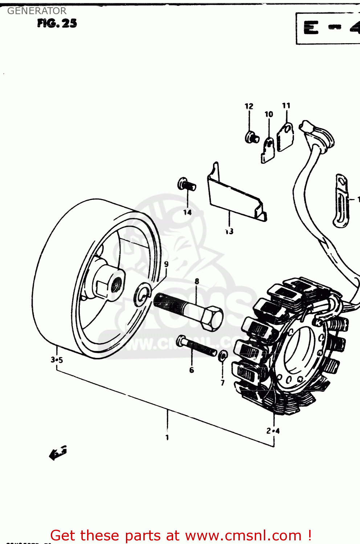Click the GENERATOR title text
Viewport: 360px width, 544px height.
pyautogui.click(x=37, y=11)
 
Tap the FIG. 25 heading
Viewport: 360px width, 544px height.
pyautogui.click(x=57, y=24)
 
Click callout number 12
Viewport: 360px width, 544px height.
pyautogui.click(x=249, y=106)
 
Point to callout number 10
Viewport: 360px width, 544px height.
pyautogui.click(x=269, y=115)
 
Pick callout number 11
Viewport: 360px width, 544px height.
pyautogui.click(x=286, y=106)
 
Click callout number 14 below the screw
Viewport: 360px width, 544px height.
pyautogui.click(x=187, y=213)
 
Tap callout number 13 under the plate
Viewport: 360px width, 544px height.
pyautogui.click(x=229, y=231)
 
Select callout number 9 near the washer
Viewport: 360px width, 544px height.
pyautogui.click(x=166, y=264)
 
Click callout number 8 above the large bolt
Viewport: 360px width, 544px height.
pyautogui.click(x=197, y=281)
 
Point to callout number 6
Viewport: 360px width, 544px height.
pyautogui.click(x=192, y=370)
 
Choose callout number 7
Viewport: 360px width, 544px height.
pyautogui.click(x=222, y=383)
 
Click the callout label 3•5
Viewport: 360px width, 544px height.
pyautogui.click(x=57, y=360)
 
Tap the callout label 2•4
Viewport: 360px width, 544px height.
pyautogui.click(x=273, y=431)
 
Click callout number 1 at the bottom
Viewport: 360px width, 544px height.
pyautogui.click(x=167, y=437)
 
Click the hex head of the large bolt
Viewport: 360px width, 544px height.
pyautogui.click(x=212, y=318)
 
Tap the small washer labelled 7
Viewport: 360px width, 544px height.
pyautogui.click(x=223, y=355)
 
